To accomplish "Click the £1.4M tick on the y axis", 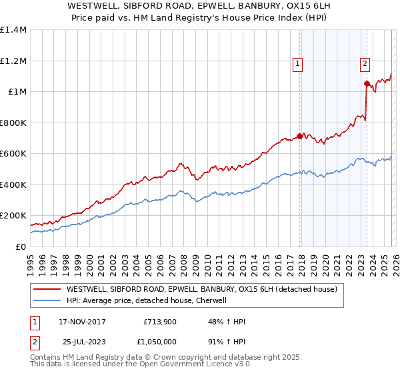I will click(x=13, y=30).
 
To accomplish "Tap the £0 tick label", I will click(x=21, y=246).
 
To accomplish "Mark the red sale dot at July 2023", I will click(x=366, y=84).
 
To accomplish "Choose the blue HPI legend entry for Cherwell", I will click(x=147, y=301).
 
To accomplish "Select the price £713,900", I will click(x=159, y=322).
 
